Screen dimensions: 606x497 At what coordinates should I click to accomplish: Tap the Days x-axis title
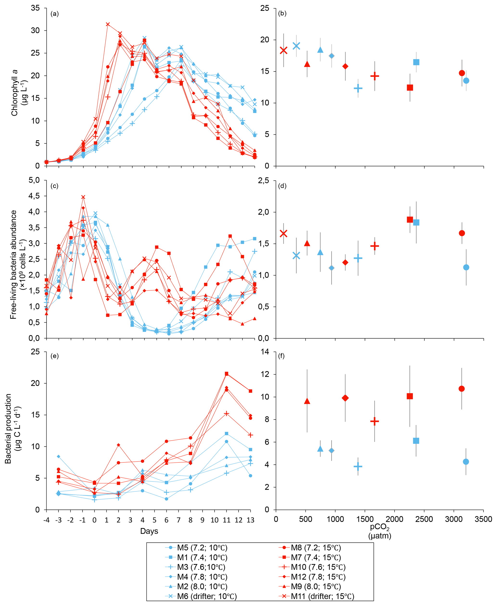[149, 531]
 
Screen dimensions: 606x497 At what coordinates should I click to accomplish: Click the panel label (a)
[54, 14]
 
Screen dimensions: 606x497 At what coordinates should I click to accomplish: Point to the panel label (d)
[282, 186]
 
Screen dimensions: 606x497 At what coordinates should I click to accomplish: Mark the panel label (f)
[281, 356]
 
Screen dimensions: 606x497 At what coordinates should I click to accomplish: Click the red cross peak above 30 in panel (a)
[108, 24]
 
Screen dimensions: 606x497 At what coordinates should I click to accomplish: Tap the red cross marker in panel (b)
[283, 50]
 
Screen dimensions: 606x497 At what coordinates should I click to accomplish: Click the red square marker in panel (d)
[410, 220]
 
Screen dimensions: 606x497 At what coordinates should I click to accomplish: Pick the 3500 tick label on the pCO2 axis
[483, 519]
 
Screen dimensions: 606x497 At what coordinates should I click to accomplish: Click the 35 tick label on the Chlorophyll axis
[36, 8]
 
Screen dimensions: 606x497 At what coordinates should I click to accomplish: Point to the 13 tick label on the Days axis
[251, 520]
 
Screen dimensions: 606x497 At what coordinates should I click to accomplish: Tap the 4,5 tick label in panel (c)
[34, 196]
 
